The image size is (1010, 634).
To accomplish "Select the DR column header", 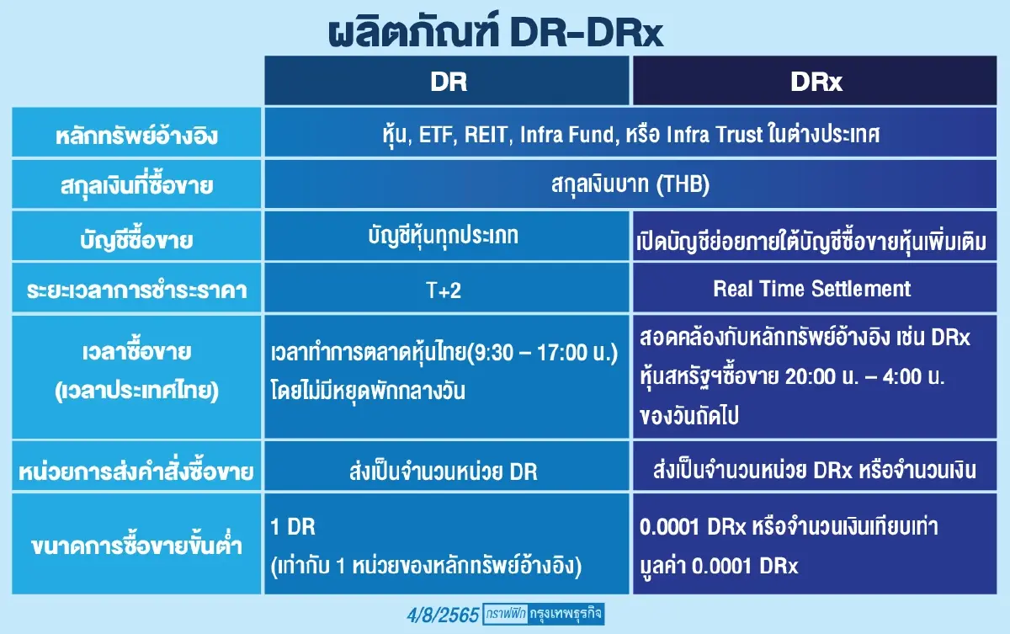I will coord(448,82).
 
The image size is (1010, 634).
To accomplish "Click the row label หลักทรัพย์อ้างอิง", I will coord(136,135).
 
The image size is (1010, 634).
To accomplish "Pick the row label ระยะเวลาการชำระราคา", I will coord(136,289).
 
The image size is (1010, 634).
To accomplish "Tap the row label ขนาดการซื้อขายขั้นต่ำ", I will coord(136,546).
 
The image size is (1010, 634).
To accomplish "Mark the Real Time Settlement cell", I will coord(811,289).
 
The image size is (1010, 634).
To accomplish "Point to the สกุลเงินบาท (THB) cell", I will coord(628,185).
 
